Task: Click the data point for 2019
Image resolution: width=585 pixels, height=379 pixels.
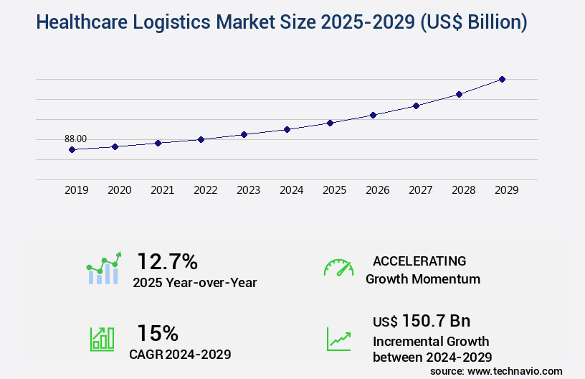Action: click(x=72, y=149)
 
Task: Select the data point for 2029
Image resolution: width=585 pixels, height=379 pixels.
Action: click(x=502, y=79)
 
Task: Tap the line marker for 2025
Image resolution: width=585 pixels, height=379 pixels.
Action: click(x=330, y=123)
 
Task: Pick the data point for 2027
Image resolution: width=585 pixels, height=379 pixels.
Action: click(x=416, y=106)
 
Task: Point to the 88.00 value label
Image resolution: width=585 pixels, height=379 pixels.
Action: click(x=75, y=139)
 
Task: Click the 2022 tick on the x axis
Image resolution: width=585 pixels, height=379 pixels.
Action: click(x=205, y=190)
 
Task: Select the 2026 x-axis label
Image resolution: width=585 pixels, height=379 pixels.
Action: click(x=377, y=190)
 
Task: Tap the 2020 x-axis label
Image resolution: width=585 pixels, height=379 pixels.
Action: click(x=119, y=190)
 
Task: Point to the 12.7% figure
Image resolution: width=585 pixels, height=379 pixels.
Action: click(x=167, y=261)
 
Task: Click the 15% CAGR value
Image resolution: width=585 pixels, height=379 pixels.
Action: click(x=158, y=333)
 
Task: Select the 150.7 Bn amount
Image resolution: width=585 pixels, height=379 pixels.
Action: click(x=436, y=321)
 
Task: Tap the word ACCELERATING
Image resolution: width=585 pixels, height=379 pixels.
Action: click(x=419, y=261)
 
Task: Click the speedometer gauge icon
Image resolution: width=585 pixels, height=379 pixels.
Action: click(x=338, y=267)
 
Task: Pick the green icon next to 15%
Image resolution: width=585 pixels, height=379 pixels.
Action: click(x=102, y=339)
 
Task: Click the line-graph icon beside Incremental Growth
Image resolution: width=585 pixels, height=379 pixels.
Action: click(x=338, y=339)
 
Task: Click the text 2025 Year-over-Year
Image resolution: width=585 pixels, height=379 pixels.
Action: click(x=194, y=283)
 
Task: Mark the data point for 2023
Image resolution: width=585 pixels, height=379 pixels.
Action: click(x=244, y=134)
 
